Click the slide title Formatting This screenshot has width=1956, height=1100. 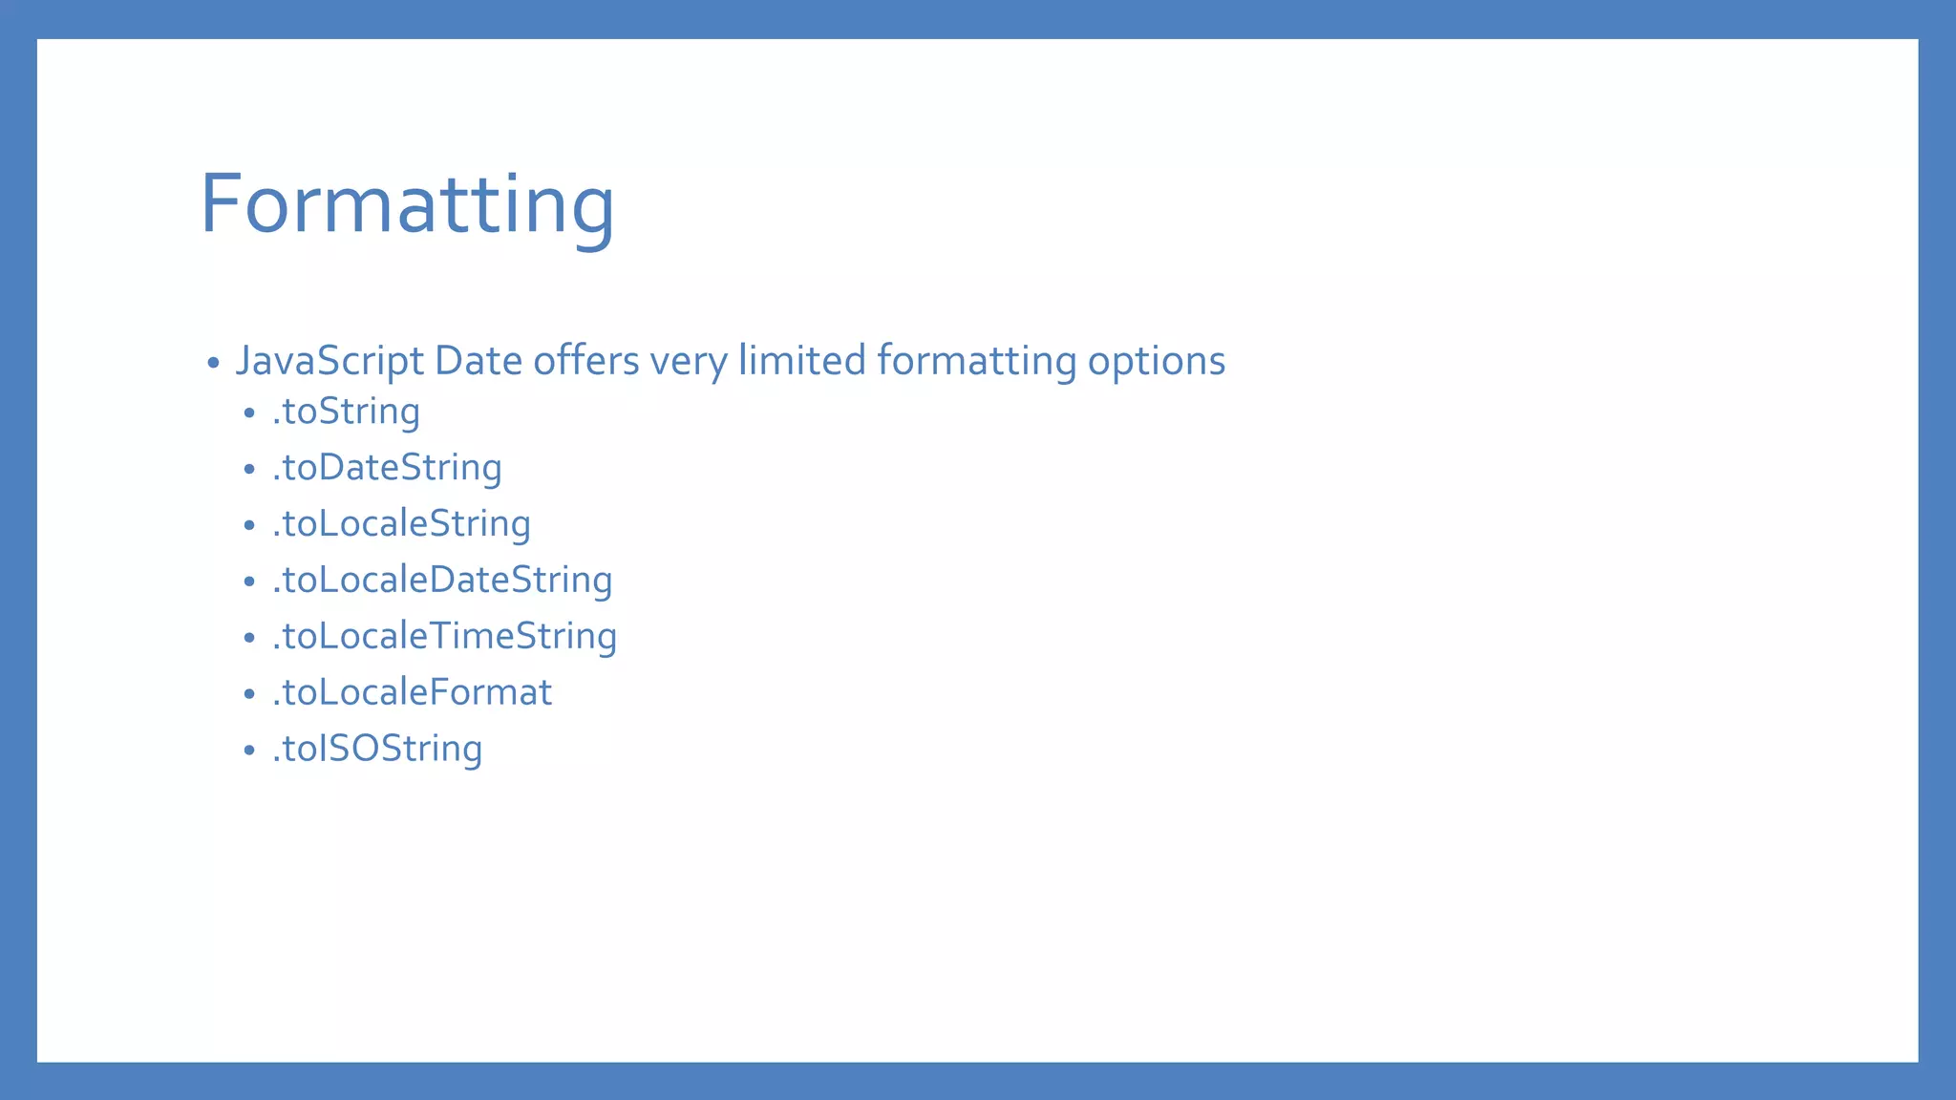(407, 203)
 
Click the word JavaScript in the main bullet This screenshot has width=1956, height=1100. (330, 362)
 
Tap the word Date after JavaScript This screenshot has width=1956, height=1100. (477, 361)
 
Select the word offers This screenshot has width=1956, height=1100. (585, 361)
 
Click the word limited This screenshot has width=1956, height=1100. (801, 361)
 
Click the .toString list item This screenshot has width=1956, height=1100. (346, 412)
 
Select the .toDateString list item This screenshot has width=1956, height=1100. (387, 468)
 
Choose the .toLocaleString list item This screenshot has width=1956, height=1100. (401, 524)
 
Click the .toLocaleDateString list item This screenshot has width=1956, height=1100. (442, 581)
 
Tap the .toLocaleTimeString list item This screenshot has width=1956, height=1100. (444, 637)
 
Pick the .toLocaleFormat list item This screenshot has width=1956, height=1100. (412, 692)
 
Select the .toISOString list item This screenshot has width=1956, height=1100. (377, 749)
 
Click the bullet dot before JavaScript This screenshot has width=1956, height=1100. (213, 364)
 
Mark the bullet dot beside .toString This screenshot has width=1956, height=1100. (249, 413)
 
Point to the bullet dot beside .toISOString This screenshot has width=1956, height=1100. (249, 751)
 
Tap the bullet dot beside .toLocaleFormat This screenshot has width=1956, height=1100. (249, 694)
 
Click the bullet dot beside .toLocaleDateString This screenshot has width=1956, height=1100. (249, 582)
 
